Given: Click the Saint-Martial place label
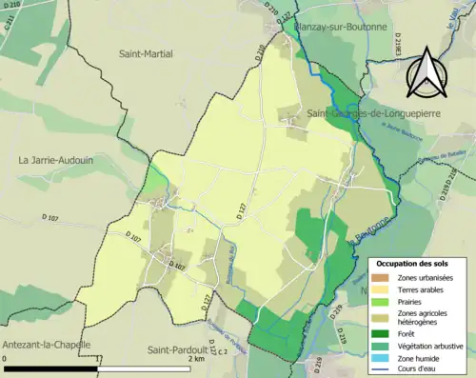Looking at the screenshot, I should [x=146, y=54].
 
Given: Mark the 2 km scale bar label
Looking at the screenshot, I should [x=195, y=360].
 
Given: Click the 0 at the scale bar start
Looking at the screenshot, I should [x=5, y=360].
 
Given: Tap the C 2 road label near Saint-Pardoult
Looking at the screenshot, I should [x=221, y=352].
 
